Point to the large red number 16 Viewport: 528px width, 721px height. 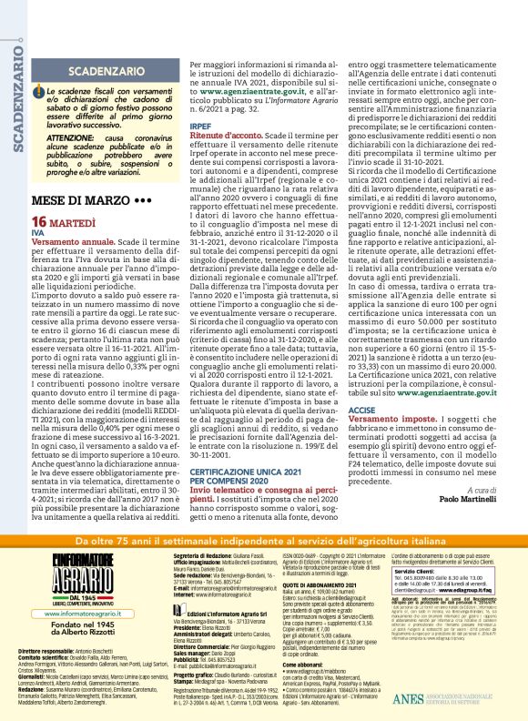pos(39,222)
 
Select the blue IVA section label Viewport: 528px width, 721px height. pos(37,233)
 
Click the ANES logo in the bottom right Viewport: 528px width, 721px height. pos(464,700)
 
